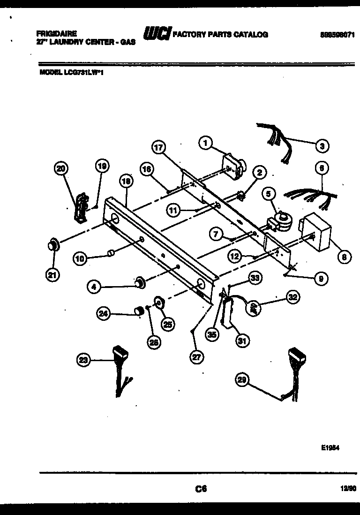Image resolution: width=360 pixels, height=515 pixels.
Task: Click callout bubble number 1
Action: [205, 143]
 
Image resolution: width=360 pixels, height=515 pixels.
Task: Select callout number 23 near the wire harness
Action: [84, 360]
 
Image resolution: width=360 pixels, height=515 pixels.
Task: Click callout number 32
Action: [293, 297]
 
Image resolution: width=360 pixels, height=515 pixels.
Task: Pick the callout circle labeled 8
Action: [344, 257]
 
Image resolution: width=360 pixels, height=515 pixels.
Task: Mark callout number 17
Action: [159, 147]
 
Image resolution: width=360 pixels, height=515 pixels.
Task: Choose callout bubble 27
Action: [197, 357]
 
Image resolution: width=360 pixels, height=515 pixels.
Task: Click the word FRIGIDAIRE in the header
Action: [57, 34]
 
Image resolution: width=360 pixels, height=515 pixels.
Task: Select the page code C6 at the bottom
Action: [201, 489]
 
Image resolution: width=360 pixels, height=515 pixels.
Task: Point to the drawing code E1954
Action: [330, 447]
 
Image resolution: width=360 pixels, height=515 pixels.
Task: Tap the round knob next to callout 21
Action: [53, 244]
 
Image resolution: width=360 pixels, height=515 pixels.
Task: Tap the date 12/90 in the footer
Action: [347, 489]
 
